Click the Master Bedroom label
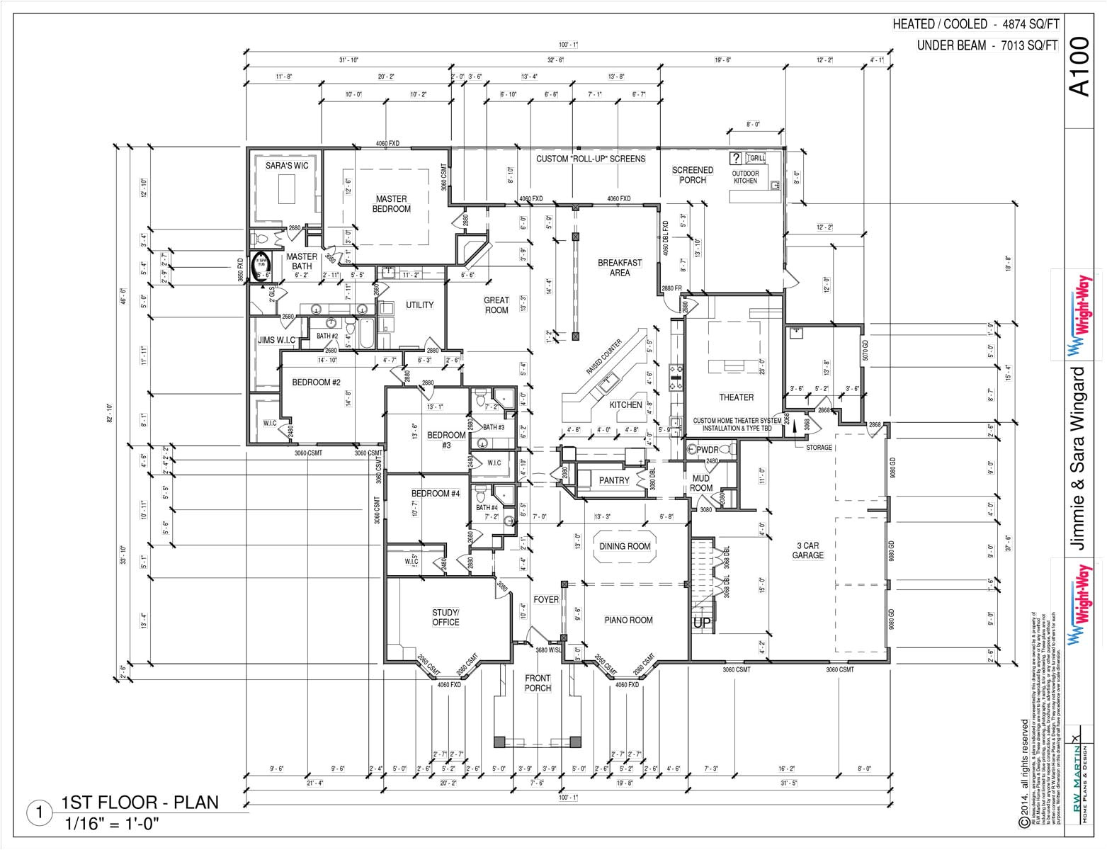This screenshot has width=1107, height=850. coord(391,204)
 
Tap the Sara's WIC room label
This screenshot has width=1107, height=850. coord(287,166)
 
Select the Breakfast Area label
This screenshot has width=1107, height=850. coord(619,267)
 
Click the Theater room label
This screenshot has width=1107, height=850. coord(736,397)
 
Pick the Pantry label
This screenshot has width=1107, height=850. coord(613,480)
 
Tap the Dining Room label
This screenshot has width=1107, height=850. coord(624,546)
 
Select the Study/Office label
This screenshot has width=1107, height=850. coord(445,617)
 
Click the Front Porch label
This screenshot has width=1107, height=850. coord(538,683)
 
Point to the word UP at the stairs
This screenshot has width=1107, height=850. coord(701,623)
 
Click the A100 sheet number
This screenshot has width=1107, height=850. coord(1079,67)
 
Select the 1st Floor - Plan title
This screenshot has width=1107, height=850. coord(140,803)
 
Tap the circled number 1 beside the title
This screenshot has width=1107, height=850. coord(40,813)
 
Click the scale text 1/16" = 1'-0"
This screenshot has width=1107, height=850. coord(112,824)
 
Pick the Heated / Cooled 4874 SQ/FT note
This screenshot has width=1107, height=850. coord(975,24)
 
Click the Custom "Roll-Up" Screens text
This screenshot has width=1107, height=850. coord(590,159)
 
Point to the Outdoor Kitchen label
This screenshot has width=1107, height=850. coord(745,177)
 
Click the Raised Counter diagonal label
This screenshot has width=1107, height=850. coord(603,358)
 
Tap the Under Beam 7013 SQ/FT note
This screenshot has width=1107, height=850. coord(987,45)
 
